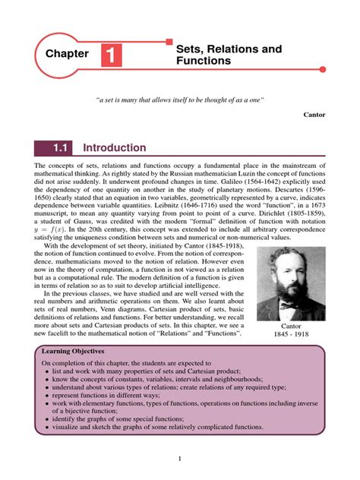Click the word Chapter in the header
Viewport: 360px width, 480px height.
click(68, 55)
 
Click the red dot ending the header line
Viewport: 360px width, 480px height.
click(324, 70)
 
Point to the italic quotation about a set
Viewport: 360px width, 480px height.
click(179, 100)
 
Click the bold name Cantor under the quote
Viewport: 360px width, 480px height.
click(314, 115)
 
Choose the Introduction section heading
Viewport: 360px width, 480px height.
click(114, 148)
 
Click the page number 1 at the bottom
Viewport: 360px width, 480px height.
click(179, 458)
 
